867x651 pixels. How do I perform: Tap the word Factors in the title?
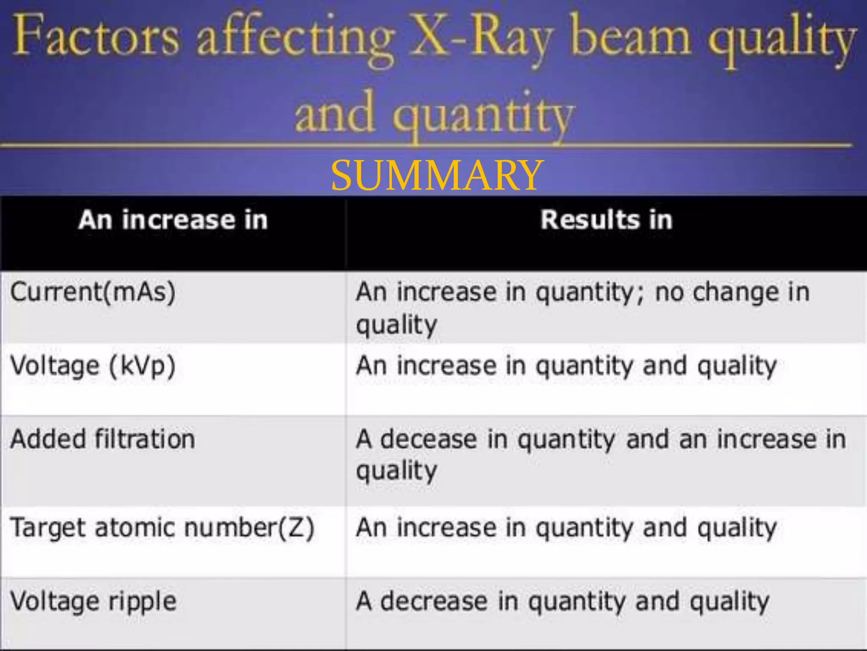tap(97, 36)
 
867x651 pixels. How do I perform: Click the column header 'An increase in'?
tap(173, 220)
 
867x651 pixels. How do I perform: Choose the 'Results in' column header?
tap(606, 220)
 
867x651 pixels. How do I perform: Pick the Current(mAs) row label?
tap(93, 292)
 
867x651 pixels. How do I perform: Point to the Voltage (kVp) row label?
tap(93, 366)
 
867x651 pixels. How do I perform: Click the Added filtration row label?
tap(103, 439)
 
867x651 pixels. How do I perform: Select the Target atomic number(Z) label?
tap(162, 528)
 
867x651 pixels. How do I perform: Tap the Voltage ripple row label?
tap(93, 601)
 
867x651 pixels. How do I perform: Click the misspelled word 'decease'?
tap(428, 439)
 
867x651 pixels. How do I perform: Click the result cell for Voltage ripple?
tap(563, 601)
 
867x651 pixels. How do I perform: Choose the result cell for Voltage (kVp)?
tap(566, 366)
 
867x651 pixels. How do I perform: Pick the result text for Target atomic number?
tap(566, 528)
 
